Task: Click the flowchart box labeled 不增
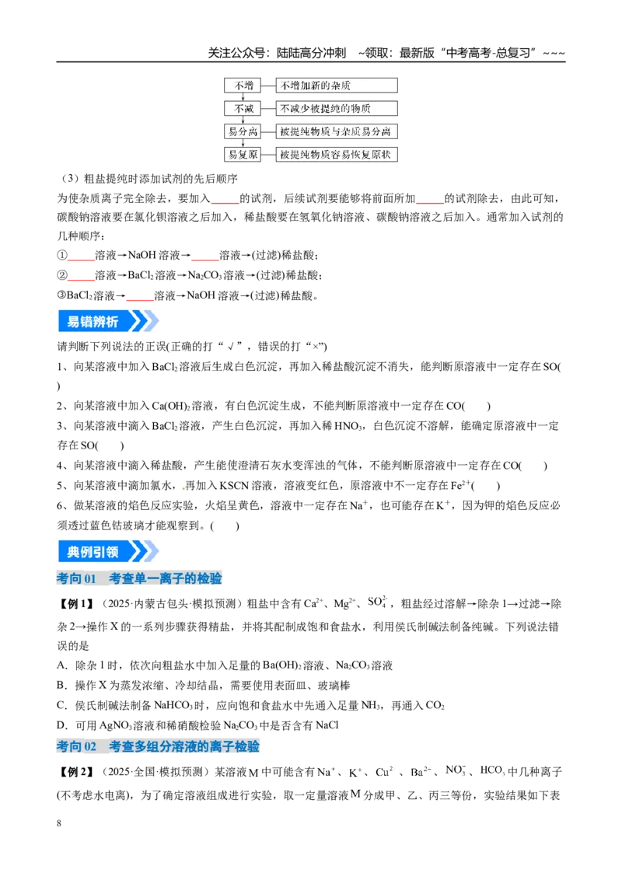(x=243, y=86)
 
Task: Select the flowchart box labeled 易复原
(x=243, y=155)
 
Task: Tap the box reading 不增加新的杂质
(x=337, y=86)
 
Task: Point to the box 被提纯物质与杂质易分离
(x=337, y=131)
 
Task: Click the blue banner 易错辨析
(x=108, y=322)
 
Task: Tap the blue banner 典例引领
(x=108, y=552)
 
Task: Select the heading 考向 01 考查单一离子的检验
(x=139, y=578)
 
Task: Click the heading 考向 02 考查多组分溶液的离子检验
(x=158, y=746)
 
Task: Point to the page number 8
(x=59, y=823)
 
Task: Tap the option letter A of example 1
(x=61, y=665)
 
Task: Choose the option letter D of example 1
(x=61, y=725)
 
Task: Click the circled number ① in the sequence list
(x=61, y=255)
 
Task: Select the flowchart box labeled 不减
(x=243, y=108)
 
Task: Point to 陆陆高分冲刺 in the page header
(x=312, y=54)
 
